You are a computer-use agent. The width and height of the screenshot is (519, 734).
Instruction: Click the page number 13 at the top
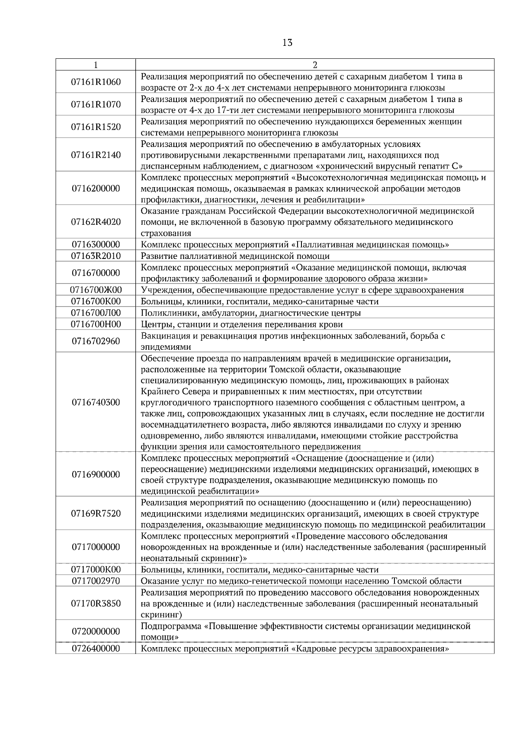287,42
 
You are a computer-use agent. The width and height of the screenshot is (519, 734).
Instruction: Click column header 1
96,65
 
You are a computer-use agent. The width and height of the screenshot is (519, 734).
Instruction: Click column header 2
314,65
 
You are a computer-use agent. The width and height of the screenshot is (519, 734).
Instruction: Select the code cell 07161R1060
96,82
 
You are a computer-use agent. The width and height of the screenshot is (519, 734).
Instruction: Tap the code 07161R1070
96,105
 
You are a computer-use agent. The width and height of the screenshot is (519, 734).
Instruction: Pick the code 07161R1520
96,127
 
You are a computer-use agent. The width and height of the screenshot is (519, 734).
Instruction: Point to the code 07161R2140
96,155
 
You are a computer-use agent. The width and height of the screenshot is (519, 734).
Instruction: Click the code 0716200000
96,188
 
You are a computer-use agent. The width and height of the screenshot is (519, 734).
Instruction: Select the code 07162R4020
96,222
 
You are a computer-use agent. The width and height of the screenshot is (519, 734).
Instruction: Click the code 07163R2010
96,256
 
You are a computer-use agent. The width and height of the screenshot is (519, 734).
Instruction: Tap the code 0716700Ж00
96,290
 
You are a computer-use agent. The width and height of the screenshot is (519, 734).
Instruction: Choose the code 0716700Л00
96,313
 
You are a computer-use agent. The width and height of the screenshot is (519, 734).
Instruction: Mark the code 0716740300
96,402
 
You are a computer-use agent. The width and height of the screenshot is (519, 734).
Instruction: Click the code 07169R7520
96,514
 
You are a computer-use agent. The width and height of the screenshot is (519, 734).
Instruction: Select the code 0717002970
96,581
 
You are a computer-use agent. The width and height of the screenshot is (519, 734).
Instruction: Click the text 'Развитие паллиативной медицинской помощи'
229,256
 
